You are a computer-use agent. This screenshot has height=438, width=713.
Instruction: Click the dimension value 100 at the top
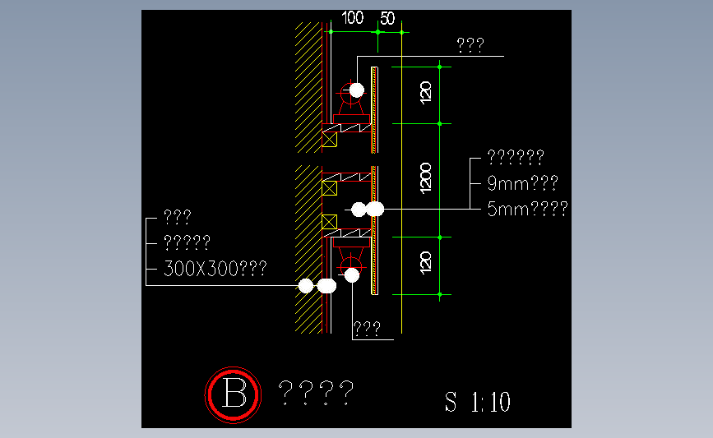click(353, 18)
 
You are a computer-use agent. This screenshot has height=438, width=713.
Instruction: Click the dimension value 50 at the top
click(387, 19)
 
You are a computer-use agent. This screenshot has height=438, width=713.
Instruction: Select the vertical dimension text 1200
click(426, 178)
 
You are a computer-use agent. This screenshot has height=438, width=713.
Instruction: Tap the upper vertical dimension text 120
click(426, 93)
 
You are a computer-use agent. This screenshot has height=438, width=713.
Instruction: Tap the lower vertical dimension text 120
click(426, 263)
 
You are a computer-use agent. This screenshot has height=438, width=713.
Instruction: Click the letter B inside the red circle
click(234, 394)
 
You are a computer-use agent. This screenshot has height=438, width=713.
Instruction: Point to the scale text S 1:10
click(478, 402)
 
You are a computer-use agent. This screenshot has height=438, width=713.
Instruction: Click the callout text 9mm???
click(522, 183)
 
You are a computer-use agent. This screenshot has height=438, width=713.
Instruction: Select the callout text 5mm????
click(527, 209)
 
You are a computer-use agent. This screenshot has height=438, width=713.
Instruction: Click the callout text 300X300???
click(215, 269)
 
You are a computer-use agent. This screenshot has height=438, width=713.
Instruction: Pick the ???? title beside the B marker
click(316, 393)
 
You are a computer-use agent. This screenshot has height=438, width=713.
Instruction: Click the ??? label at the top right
click(470, 45)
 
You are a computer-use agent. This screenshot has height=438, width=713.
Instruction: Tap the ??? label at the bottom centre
click(367, 328)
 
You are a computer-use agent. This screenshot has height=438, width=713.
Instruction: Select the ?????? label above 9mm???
click(516, 157)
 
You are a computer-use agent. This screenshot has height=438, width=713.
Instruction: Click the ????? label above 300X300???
click(187, 242)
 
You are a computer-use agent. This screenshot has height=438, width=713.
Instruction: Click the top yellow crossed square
click(329, 140)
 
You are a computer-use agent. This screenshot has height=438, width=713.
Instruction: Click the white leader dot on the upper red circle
click(357, 90)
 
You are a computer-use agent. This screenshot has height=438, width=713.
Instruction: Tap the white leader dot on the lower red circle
click(351, 275)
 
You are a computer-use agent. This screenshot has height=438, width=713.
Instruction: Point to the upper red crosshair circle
click(350, 93)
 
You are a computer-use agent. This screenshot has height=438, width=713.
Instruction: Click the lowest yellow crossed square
click(329, 222)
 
